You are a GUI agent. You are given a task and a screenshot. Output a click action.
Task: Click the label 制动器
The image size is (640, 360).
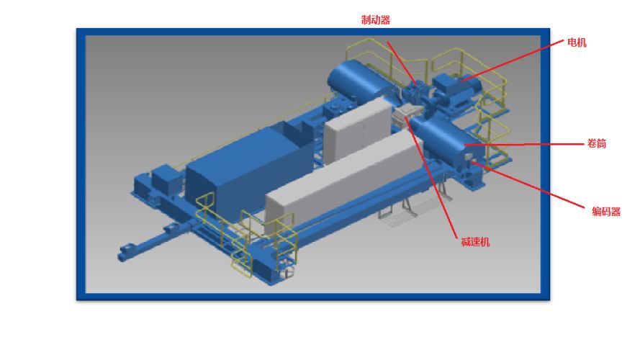376,19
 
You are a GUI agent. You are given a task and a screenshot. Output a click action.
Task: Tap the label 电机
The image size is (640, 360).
577,42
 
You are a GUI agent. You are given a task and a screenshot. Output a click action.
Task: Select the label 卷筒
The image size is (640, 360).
596,143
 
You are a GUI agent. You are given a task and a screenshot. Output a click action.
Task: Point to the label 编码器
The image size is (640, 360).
606,212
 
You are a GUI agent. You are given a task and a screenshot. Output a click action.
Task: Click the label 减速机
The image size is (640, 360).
475,242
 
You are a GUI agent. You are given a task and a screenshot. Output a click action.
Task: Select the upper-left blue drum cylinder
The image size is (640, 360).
359,81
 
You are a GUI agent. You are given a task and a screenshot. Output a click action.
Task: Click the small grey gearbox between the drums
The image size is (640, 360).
405,115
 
